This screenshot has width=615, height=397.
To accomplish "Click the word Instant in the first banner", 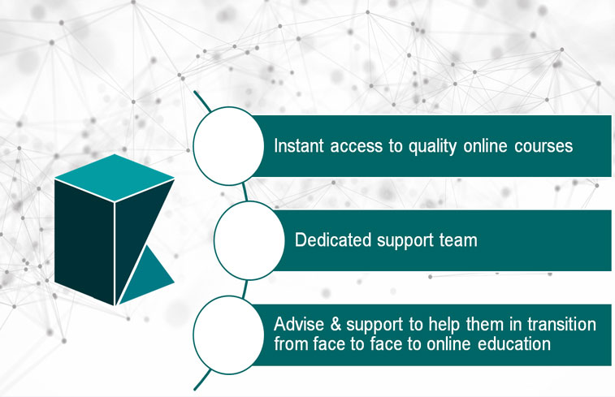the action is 299,146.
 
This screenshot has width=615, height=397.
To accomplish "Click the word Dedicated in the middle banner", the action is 332,239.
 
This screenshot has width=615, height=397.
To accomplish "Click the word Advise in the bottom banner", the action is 299,324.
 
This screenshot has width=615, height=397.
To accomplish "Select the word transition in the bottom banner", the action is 561,324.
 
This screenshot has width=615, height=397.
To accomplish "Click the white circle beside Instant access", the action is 228,146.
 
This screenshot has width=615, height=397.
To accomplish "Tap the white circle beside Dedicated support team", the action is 249,240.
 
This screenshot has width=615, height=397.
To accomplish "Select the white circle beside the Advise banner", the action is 228,335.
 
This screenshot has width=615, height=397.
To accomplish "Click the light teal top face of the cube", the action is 114,178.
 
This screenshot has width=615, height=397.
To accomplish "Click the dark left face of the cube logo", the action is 84,241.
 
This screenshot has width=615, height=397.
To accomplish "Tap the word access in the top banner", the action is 356,147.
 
